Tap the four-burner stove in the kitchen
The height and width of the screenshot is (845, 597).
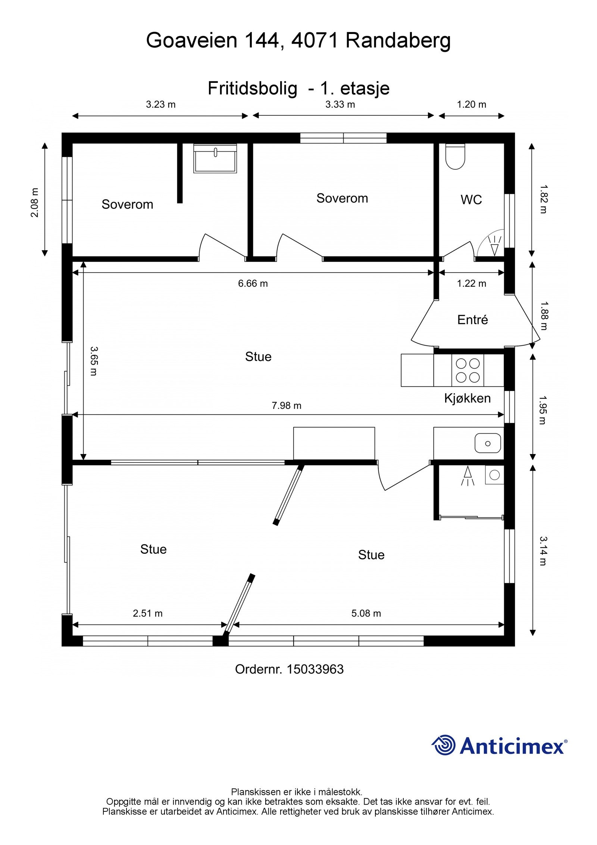coord(468,370)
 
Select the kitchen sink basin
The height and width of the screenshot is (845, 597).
coord(487,443)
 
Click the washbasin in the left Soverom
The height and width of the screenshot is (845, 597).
coord(215,158)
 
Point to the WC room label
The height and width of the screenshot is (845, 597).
coord(471,200)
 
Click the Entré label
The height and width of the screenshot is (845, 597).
coord(472,320)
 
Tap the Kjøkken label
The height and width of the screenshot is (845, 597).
coord(467,398)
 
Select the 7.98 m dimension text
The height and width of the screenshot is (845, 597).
coord(286,406)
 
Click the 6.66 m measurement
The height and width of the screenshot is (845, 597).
coord(253,283)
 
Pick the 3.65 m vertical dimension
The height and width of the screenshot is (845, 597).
coord(94,361)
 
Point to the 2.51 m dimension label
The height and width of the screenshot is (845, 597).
coord(147,613)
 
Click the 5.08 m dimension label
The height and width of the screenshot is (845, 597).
coord(366,613)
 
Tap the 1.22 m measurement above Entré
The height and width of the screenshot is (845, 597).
coord(472,283)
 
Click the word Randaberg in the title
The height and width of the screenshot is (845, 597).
coord(398,40)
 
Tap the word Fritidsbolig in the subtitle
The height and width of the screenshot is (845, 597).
coord(252,88)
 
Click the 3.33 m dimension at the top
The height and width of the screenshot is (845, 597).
coord(340,105)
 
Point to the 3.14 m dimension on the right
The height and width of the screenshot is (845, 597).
coord(543,551)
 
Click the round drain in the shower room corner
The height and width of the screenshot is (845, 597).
coord(494,475)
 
